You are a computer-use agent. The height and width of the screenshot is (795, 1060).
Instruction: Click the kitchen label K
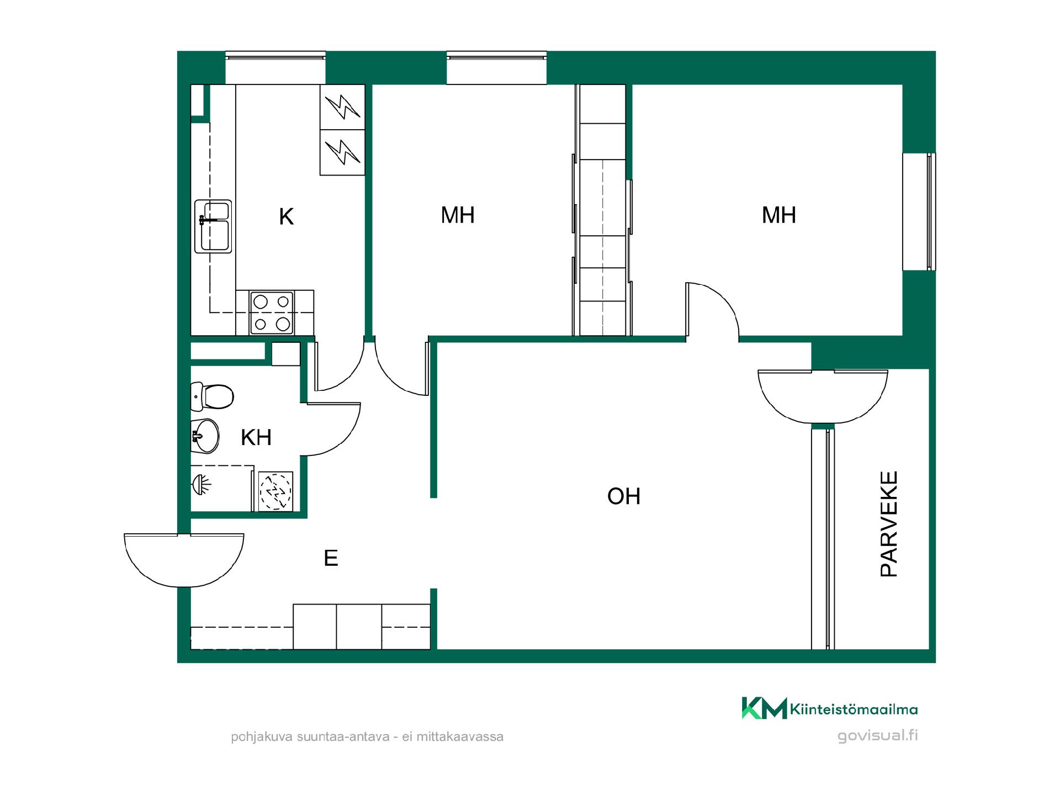click(x=286, y=217)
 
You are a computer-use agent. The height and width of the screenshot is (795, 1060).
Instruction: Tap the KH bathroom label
click(x=257, y=437)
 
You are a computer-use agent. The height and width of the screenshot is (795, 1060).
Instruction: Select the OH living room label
click(x=624, y=496)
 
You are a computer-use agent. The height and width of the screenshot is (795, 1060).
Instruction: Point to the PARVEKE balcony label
click(x=889, y=524)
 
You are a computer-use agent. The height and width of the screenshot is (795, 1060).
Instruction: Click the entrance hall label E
click(x=331, y=558)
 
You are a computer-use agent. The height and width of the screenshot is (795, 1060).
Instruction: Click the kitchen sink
click(x=213, y=226)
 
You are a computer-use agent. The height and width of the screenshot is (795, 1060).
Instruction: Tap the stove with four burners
click(x=271, y=312)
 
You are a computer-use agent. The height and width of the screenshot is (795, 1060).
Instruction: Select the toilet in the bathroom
click(x=212, y=396)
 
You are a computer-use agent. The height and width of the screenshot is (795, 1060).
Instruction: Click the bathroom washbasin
click(x=205, y=436)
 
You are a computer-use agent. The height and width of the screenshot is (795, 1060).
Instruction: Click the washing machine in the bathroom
click(x=275, y=491)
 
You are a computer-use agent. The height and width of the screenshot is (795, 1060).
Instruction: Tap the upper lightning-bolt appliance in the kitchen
click(x=342, y=107)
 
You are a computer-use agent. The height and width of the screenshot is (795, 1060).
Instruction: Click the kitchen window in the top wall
click(x=275, y=68)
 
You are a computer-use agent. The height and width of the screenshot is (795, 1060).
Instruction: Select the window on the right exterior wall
click(x=919, y=211)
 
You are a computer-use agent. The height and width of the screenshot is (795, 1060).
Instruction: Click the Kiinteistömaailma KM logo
click(x=764, y=708)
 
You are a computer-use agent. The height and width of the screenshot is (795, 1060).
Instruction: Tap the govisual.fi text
click(x=878, y=735)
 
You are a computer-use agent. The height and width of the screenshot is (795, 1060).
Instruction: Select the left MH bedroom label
click(x=458, y=215)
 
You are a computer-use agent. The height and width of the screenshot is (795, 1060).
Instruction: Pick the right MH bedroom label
click(x=779, y=215)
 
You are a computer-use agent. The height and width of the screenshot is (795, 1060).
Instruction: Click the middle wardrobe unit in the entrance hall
click(x=359, y=627)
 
